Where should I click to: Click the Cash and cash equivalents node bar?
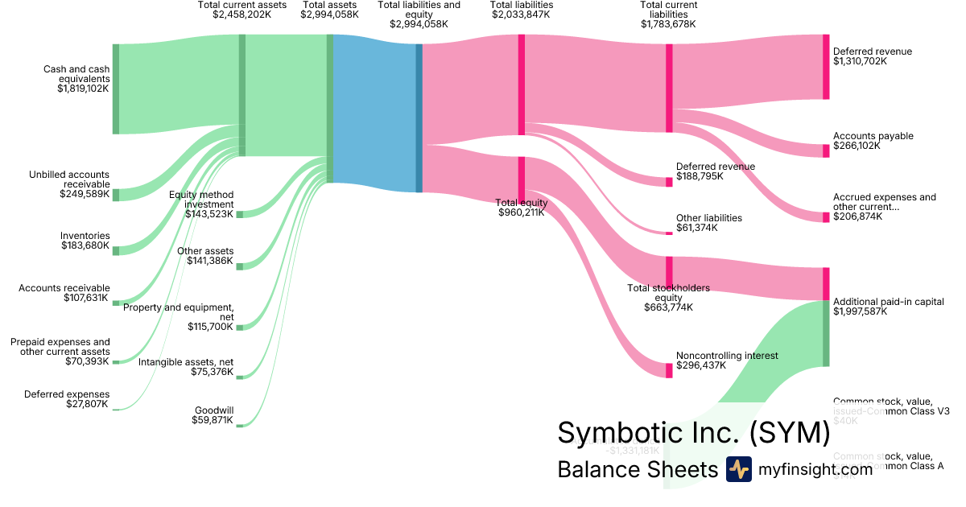tap(116, 89)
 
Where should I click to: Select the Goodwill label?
tap(214, 410)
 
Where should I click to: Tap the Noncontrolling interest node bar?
tap(669, 370)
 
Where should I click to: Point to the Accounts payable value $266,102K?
tap(857, 146)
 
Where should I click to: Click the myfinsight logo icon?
tap(738, 469)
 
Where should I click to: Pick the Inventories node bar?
tap(116, 250)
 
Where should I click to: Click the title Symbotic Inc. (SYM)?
tap(693, 433)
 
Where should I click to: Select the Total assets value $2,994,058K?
tap(329, 14)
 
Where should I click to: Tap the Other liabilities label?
tap(708, 218)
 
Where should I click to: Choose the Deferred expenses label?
tap(67, 394)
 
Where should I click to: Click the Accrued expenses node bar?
tap(826, 217)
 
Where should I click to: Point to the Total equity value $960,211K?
tap(521, 213)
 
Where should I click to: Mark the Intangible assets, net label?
tap(186, 361)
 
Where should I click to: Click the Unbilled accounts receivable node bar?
tap(116, 195)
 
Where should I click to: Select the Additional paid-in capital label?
tap(888, 302)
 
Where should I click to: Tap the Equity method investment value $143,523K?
tap(209, 214)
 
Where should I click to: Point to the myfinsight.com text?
tap(815, 469)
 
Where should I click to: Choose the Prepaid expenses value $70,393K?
tap(87, 361)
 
